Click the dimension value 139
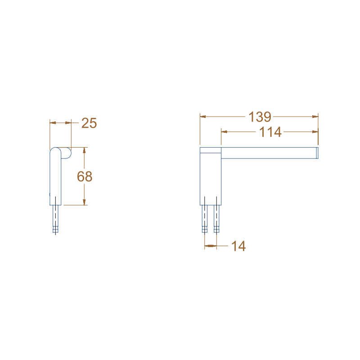tap(260, 117)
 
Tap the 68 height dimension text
tap(85, 176)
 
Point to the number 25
tap(89, 123)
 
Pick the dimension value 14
tap(238, 246)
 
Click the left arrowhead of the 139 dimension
tap(203, 117)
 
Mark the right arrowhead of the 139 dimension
tap(315, 117)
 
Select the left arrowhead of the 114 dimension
tap(224, 132)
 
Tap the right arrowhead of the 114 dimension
tap(315, 132)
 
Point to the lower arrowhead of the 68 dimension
tap(83, 202)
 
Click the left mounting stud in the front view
tap(205, 218)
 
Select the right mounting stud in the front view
tap(216, 218)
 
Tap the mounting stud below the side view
tap(55, 219)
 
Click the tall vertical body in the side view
tap(55, 178)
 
